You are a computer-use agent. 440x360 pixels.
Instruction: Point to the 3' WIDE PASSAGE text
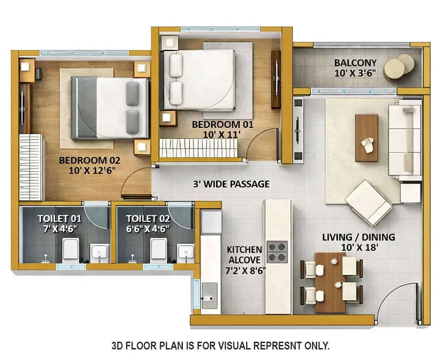tap(231, 184)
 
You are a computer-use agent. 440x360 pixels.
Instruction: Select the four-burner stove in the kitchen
tap(277, 252)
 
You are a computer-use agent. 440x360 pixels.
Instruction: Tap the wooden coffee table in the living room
tap(367, 137)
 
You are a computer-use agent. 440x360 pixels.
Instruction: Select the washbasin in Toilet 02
tap(186, 251)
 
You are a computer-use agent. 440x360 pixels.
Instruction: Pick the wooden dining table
tap(330, 281)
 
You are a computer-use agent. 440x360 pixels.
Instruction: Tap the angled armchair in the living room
tap(368, 202)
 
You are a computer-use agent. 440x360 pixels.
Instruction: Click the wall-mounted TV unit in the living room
tap(298, 130)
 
